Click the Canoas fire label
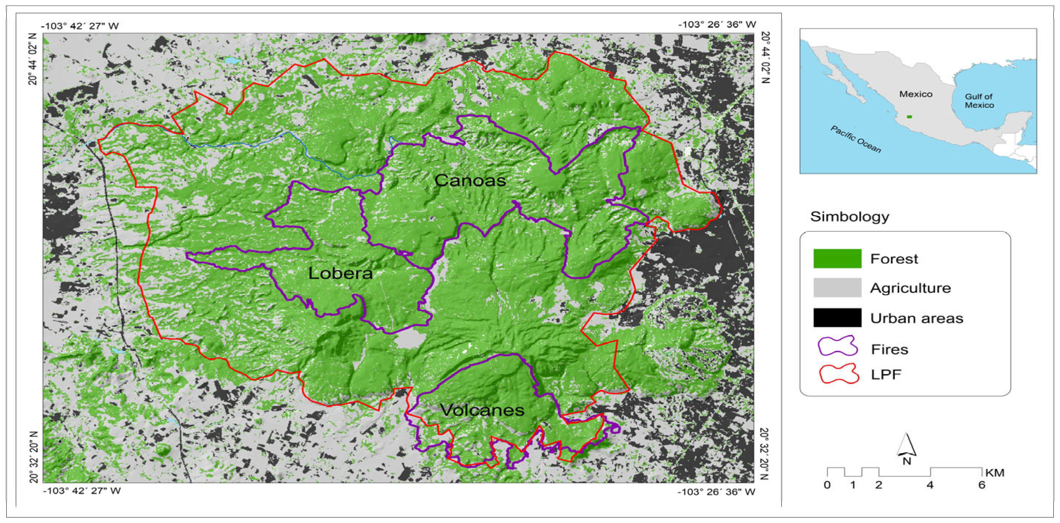(470, 180)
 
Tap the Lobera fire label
(340, 273)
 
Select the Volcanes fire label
(482, 410)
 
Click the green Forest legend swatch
(837, 259)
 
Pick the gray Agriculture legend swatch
(837, 288)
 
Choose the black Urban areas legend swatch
(837, 317)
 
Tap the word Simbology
(849, 217)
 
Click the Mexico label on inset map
(916, 94)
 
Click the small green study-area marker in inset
(909, 117)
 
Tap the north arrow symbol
(906, 447)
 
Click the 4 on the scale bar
(930, 485)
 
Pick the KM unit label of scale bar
(995, 473)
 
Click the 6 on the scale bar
(982, 485)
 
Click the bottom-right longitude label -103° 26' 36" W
(716, 492)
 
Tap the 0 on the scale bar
(827, 485)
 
